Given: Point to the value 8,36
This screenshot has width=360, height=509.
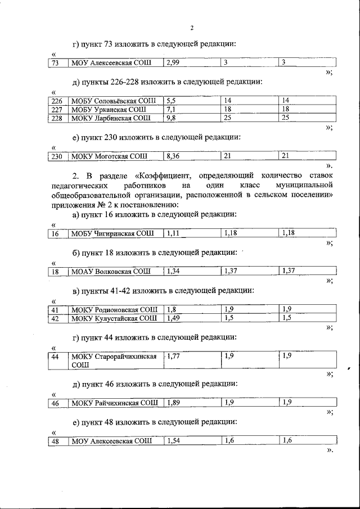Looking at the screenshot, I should pos(174,156).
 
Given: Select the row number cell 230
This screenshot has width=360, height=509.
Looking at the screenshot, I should pos(56,156).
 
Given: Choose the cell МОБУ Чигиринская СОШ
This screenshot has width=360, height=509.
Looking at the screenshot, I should pos(112,233).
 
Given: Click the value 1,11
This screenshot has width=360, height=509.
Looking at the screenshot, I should pos(173,233).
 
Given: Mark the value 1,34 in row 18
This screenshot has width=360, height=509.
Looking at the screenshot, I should pos(174,272).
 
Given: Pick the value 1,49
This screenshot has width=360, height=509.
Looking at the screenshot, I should pos(174,318).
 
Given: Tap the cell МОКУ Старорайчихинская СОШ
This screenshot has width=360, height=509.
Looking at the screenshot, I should pos(113,360).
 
